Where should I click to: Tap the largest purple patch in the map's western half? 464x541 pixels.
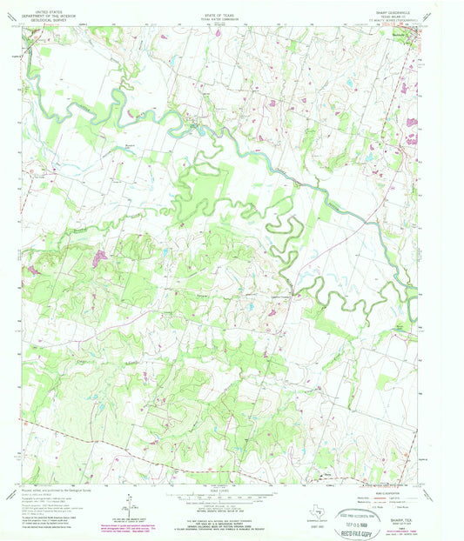100,257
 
